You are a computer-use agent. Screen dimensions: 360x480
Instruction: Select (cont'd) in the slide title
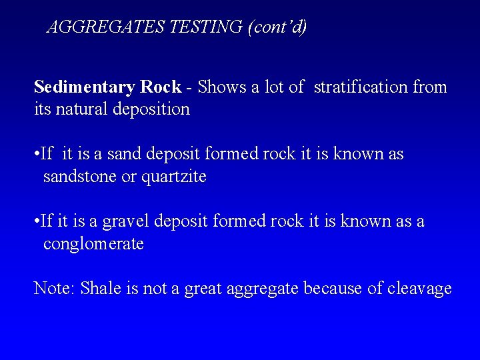pyautogui.click(x=277, y=27)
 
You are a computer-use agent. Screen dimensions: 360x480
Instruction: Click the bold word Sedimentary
pyautogui.click(x=85, y=87)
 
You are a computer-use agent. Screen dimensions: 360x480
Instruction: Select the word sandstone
pyautogui.click(x=81, y=177)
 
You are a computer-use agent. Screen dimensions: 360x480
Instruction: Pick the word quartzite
pyautogui.click(x=174, y=177)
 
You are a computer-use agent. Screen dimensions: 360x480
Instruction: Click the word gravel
pyautogui.click(x=125, y=221)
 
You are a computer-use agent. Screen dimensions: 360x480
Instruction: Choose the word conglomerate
pyautogui.click(x=93, y=244)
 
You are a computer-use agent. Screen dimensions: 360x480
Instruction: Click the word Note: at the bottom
pyautogui.click(x=55, y=289)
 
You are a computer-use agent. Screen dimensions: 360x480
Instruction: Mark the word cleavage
pyautogui.click(x=419, y=289)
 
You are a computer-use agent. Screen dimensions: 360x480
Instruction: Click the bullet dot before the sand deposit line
pyautogui.click(x=36, y=155)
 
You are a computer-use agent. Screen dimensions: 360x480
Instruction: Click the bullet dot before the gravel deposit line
pyautogui.click(x=36, y=221)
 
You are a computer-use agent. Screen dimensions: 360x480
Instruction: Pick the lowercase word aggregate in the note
pyautogui.click(x=263, y=289)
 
